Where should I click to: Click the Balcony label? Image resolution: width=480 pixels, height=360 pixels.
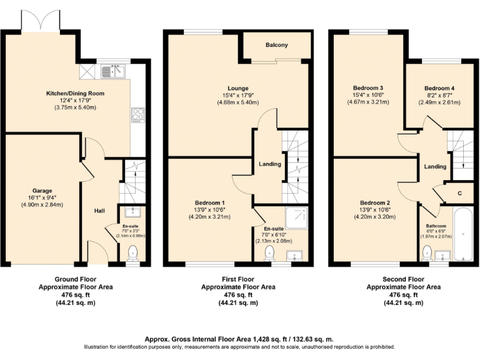[x=276, y=45]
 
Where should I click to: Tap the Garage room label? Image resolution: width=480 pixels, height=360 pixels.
[x=42, y=191]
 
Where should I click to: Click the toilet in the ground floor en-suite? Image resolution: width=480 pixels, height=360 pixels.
[x=132, y=252]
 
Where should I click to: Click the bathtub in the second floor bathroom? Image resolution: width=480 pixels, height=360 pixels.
[x=464, y=236]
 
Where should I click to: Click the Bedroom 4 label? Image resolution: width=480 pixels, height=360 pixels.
[x=439, y=88]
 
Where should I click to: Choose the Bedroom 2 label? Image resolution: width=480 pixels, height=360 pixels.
[x=375, y=202]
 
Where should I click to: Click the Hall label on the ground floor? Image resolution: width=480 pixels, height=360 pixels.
[x=99, y=211]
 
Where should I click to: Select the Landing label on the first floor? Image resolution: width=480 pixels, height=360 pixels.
[x=270, y=164]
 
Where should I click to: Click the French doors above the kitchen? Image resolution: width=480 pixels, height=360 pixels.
[x=41, y=22]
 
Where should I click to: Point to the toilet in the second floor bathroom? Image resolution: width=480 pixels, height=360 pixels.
[x=427, y=252]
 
